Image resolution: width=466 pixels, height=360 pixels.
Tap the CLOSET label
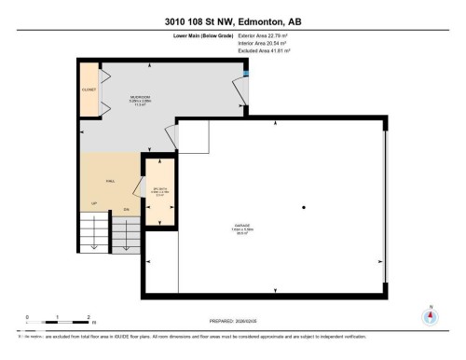point(89,90)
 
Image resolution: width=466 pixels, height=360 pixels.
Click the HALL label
point(109,182)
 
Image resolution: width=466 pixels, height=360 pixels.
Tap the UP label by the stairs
point(93,202)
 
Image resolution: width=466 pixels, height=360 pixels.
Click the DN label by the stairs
point(127,210)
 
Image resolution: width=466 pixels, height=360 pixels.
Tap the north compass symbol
point(430,315)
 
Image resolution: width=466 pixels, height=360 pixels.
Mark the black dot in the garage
point(303,207)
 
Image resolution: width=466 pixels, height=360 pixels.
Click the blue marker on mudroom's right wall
point(245,74)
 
